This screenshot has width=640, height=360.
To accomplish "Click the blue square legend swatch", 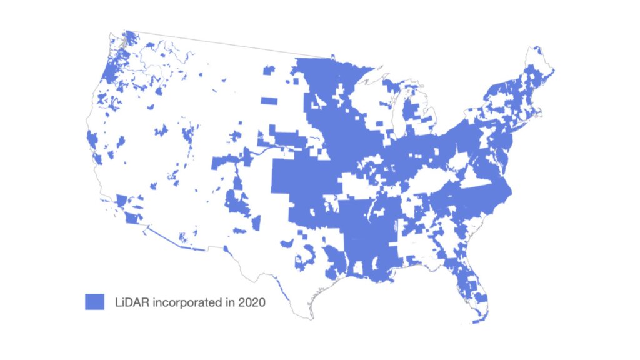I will pyautogui.click(x=94, y=301).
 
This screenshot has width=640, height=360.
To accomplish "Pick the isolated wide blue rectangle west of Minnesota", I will pyautogui.click(x=269, y=101).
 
